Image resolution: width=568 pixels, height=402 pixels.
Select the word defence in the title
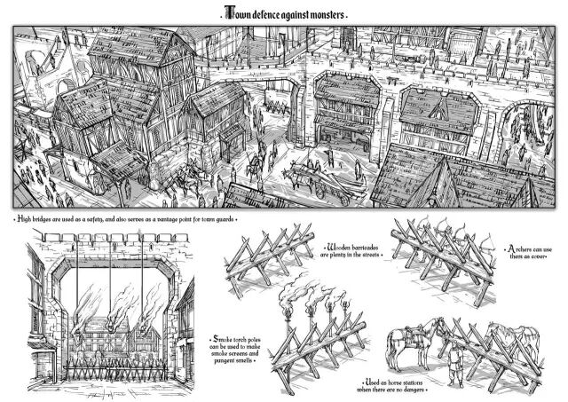(266, 15)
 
